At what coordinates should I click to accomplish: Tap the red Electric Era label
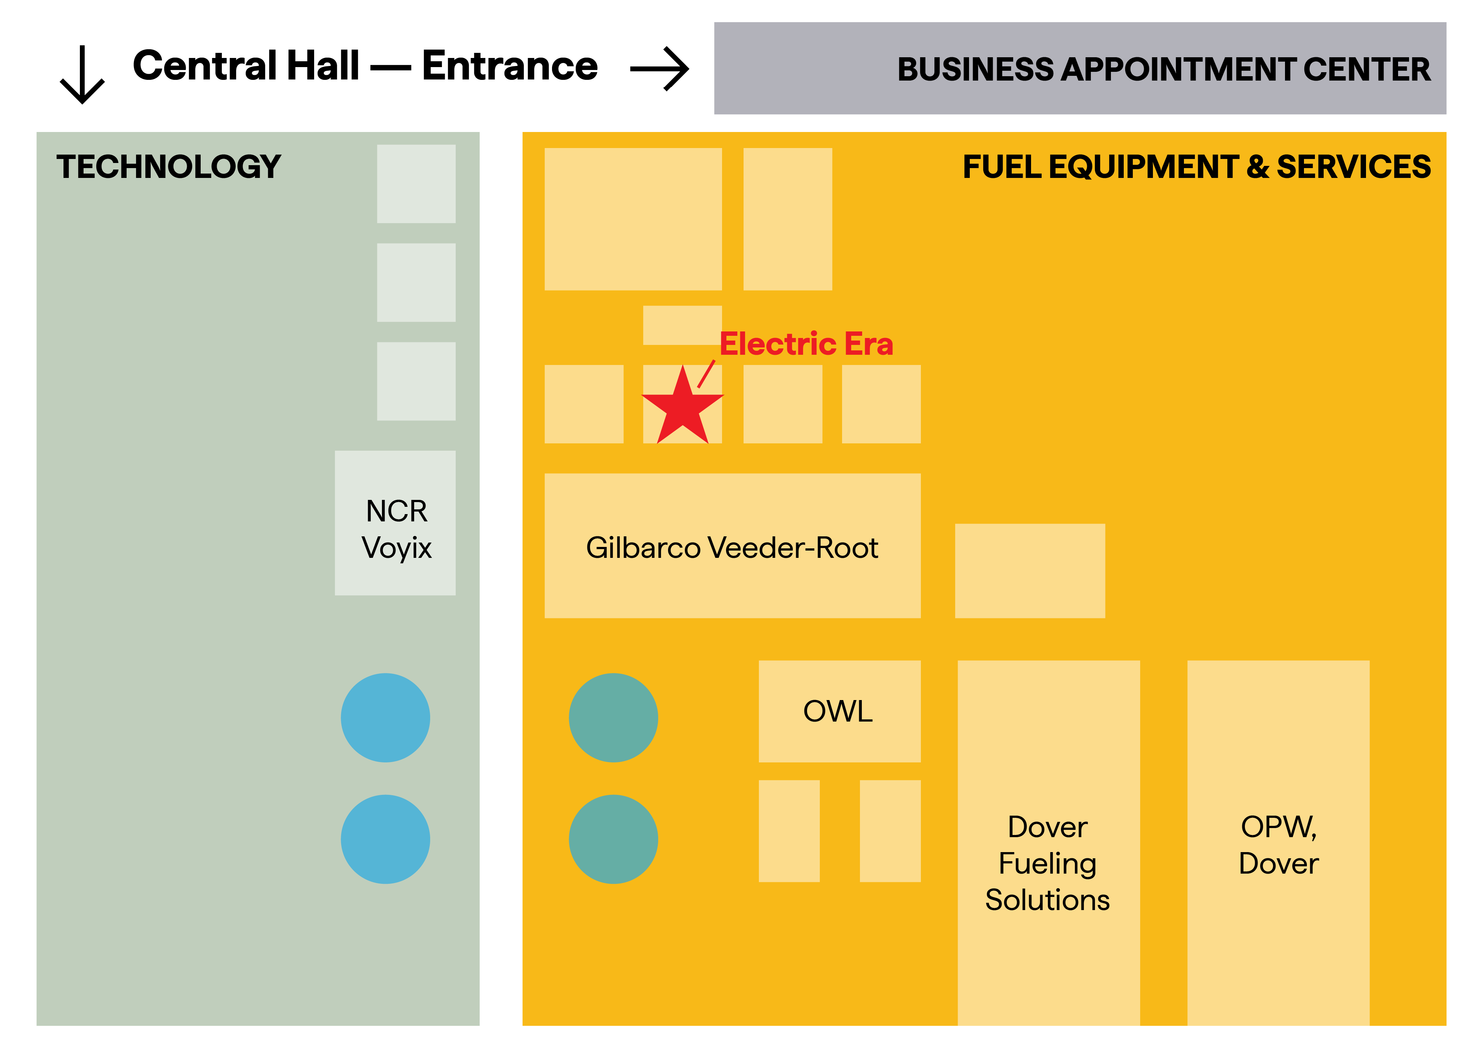pyautogui.click(x=806, y=344)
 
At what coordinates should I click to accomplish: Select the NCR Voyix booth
pyautogui.click(x=395, y=522)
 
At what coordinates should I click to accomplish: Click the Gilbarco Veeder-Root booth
pyautogui.click(x=733, y=545)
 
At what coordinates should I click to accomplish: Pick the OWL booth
pyautogui.click(x=840, y=711)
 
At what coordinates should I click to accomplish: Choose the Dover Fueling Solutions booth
pyautogui.click(x=1049, y=843)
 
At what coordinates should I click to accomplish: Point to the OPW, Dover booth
pyautogui.click(x=1278, y=843)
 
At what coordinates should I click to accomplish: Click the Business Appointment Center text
pyautogui.click(x=1164, y=69)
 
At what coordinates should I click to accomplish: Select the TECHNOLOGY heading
pyautogui.click(x=169, y=167)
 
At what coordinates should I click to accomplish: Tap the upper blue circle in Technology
pyautogui.click(x=385, y=718)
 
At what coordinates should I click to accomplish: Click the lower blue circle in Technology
pyautogui.click(x=385, y=839)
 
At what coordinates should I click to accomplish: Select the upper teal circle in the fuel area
pyautogui.click(x=613, y=718)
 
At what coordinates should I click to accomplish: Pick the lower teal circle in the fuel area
pyautogui.click(x=613, y=839)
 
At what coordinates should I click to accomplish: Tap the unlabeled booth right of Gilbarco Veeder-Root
pyautogui.click(x=1030, y=571)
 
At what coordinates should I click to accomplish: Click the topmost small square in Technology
pyautogui.click(x=416, y=183)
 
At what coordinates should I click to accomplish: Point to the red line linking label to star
pyautogui.click(x=706, y=374)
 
